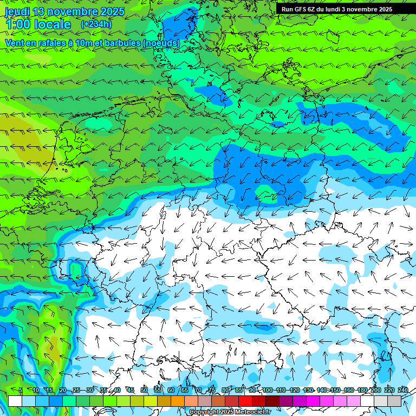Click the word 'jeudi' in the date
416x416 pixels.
[x=17, y=11]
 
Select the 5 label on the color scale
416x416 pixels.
[x=21, y=391]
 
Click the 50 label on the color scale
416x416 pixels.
[x=144, y=391]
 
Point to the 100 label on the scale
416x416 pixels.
[x=268, y=391]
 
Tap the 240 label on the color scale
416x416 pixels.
[x=403, y=391]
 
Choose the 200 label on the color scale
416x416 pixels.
[x=375, y=391]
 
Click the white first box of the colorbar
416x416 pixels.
[x=15, y=401]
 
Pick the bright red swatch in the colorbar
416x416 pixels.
[x=245, y=401]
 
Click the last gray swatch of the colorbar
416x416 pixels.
[x=394, y=401]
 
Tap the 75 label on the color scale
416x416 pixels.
[x=212, y=391]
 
